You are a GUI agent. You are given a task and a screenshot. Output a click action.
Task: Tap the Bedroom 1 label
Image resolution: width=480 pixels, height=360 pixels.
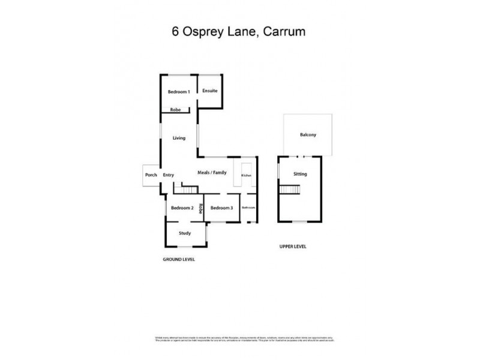179,92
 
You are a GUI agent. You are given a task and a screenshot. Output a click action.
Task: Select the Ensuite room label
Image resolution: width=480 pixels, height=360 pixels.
209,91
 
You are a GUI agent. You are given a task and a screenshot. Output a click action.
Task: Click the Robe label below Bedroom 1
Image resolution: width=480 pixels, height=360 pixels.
175,110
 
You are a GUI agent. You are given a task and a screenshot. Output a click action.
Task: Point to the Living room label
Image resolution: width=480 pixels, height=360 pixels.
179,138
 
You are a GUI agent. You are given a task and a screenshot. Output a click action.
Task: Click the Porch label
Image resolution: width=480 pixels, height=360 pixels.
151,175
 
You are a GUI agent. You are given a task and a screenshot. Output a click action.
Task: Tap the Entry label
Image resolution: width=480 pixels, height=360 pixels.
169,175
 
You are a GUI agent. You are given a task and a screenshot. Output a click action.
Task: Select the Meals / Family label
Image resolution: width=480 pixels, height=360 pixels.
212,173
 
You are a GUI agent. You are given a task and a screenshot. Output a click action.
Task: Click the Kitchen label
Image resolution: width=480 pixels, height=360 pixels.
246,175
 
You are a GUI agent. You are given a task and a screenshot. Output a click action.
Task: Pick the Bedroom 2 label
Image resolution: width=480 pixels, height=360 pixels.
182,208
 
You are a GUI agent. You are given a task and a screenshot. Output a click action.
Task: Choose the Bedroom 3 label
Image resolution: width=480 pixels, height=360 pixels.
221,208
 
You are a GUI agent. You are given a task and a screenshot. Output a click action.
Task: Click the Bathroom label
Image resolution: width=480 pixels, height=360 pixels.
249,208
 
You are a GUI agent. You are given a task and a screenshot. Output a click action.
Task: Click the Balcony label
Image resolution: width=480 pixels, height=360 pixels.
308,135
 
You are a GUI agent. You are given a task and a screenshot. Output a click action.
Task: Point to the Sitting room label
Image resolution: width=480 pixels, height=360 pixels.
300,174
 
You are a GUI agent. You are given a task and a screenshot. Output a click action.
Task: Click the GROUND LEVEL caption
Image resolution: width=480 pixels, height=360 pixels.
179,260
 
